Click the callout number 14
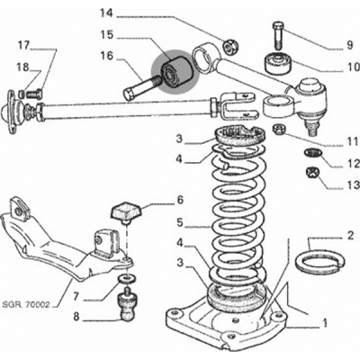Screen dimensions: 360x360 pos(107,13)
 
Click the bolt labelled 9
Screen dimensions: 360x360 pos(278,35)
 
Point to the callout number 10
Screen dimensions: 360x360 pos(352,66)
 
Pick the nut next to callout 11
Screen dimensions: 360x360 pos(278,130)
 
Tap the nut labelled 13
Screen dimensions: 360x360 pos(312,173)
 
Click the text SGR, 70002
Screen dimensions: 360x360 pos(25,305)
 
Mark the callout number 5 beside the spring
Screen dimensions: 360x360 pos(180,222)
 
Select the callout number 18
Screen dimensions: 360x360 pos(22,67)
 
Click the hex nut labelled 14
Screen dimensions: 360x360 pos(229,46)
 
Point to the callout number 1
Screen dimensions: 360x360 pos(324,323)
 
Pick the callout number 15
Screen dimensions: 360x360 pos(107,34)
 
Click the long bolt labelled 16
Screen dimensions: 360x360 pos(141,88)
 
